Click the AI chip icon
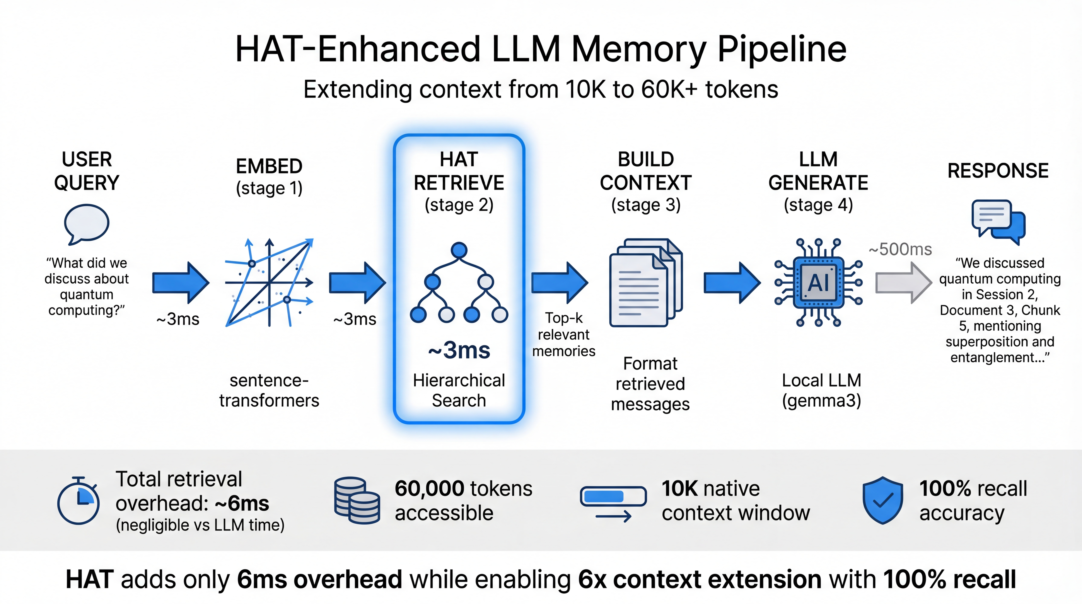click(818, 282)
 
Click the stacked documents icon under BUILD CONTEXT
click(646, 282)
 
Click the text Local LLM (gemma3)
click(821, 390)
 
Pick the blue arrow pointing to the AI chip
click(732, 283)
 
